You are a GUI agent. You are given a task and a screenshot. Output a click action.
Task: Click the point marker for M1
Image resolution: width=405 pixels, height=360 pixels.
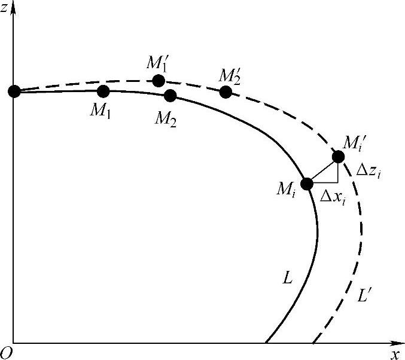coord(103,91)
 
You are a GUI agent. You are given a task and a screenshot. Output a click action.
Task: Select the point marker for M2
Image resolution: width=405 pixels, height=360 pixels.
coord(170,95)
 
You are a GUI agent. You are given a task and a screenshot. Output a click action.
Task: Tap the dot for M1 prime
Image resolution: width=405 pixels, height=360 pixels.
coord(159,80)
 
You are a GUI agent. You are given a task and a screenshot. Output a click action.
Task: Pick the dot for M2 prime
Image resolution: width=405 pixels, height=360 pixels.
coord(226,91)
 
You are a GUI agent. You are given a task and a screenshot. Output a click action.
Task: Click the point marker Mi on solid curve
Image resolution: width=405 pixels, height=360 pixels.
coord(306,184)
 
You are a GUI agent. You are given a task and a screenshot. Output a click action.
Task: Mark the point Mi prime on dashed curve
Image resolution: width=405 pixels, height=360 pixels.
coord(338,156)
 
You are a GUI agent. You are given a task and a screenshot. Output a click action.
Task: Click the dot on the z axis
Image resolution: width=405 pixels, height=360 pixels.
coord(13,91)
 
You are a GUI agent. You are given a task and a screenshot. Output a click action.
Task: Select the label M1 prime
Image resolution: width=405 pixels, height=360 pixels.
coord(157,63)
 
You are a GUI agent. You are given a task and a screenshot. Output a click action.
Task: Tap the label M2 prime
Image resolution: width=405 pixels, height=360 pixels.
coord(229,75)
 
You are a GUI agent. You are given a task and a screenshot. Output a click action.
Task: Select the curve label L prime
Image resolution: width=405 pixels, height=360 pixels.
coord(366,295)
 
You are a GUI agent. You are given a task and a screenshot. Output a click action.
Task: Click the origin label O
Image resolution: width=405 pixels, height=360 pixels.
coord(7,353)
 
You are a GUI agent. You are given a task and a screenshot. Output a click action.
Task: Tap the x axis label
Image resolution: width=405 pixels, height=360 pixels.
coord(395,354)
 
